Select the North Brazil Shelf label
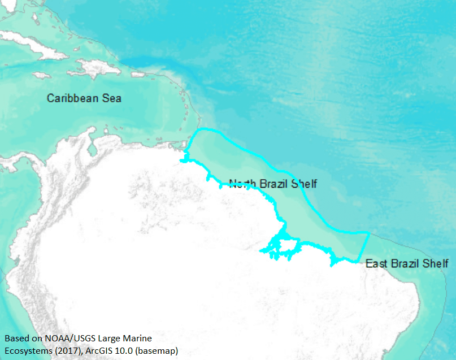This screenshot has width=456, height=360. point(272,184)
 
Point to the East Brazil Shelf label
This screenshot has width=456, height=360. point(407,263)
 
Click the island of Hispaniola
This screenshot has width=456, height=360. point(93,69)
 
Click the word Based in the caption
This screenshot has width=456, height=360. point(17,339)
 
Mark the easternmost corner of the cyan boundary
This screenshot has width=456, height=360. point(370,233)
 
